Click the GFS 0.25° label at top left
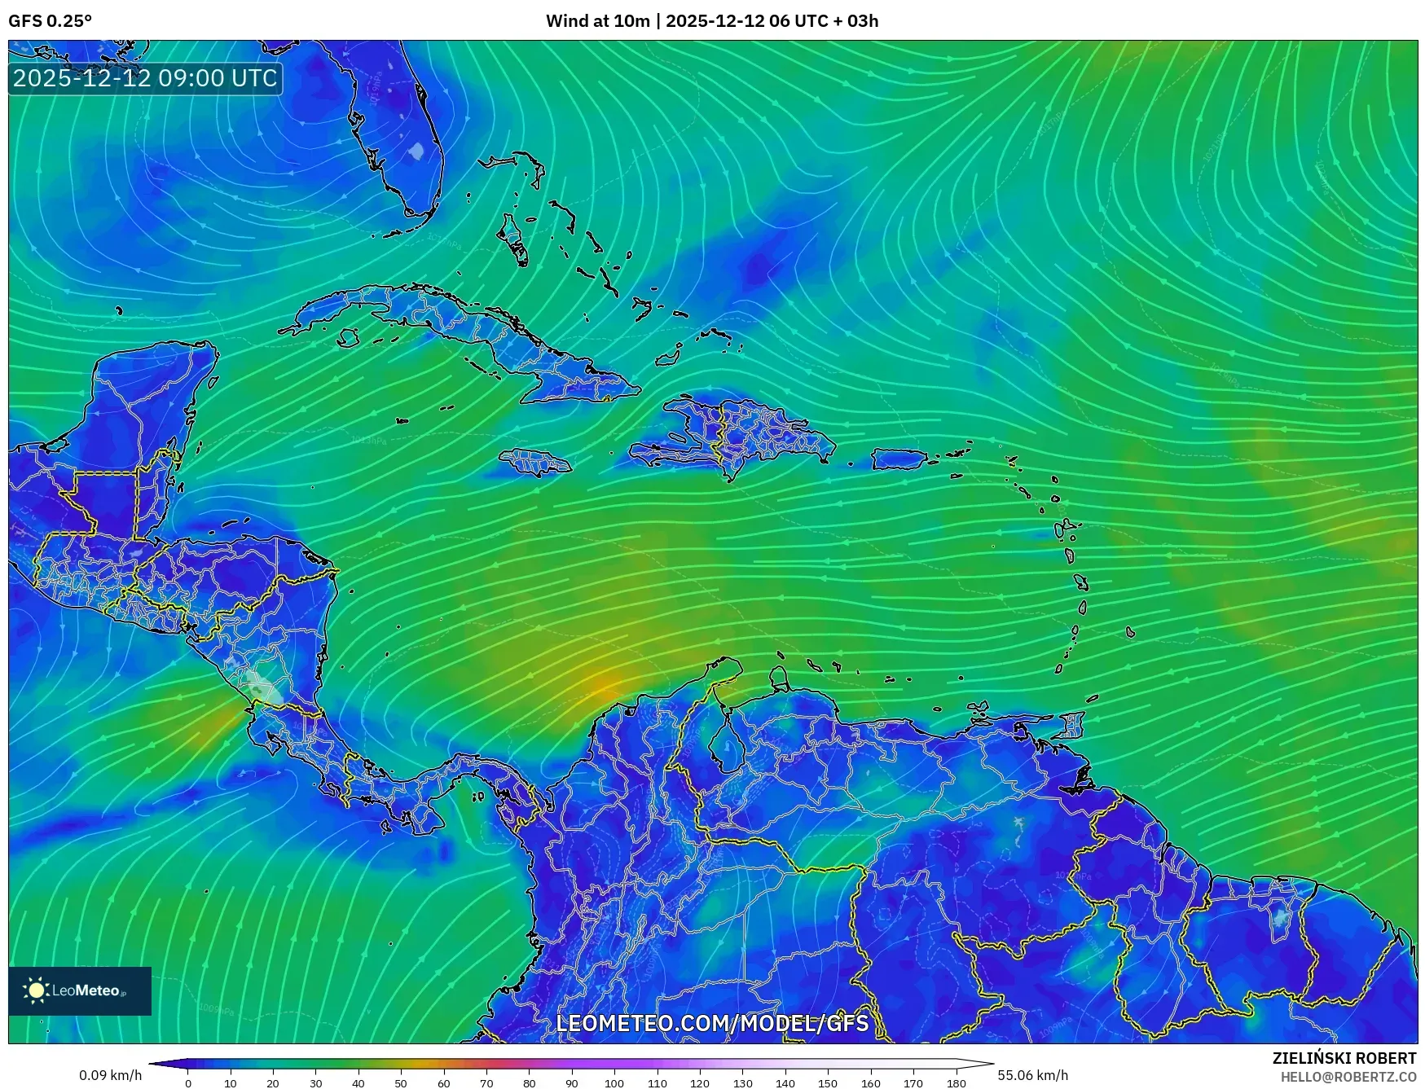point(50,21)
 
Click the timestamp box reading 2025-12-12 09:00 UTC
point(145,78)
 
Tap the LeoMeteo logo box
point(80,990)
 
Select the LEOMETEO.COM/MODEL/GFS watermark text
point(712,1023)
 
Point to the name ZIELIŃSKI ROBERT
point(1344,1058)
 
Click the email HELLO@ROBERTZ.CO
point(1348,1076)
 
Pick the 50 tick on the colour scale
point(401,1083)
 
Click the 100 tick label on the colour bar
point(614,1083)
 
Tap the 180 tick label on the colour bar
point(956,1083)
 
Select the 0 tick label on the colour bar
point(188,1083)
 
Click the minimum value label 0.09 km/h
point(111,1075)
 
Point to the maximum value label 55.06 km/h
point(1032,1075)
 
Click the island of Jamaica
point(535,463)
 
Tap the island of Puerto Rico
point(899,459)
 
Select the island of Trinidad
point(1073,724)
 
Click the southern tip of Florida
point(420,213)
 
